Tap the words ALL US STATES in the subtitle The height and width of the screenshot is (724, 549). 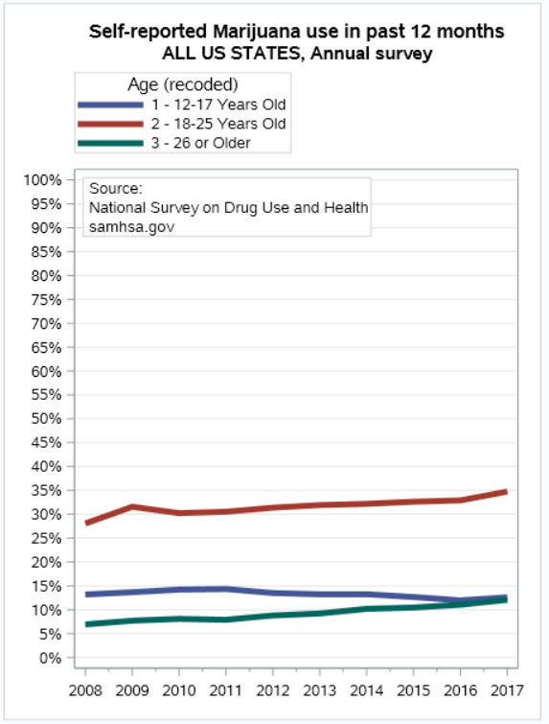[x=231, y=53]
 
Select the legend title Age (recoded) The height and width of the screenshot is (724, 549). [x=183, y=84]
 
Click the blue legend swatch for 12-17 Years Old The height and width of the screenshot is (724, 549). [x=111, y=105]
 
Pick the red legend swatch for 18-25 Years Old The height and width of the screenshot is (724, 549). [x=111, y=124]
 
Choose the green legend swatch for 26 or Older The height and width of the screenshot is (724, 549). [x=111, y=143]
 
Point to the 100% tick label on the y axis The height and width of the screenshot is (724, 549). [x=42, y=180]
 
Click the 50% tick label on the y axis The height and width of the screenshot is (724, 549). [x=46, y=419]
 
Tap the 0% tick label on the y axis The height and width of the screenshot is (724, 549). [x=50, y=658]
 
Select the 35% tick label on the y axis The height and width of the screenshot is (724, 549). [x=46, y=490]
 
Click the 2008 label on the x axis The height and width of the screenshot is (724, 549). [x=85, y=690]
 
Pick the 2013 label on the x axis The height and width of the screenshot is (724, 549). [x=320, y=690]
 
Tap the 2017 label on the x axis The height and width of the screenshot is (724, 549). [x=507, y=690]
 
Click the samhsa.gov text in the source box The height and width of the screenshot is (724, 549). [x=132, y=226]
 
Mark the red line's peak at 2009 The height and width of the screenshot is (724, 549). [x=132, y=506]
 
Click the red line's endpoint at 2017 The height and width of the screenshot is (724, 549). [x=506, y=492]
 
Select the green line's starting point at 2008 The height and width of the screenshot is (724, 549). [x=87, y=624]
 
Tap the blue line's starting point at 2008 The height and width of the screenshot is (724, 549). [x=87, y=595]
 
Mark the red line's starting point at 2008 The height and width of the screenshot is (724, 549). [x=87, y=523]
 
